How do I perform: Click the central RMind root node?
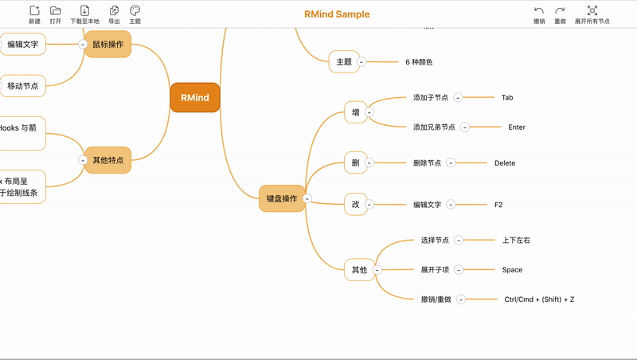point(195,98)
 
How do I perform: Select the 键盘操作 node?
point(282,198)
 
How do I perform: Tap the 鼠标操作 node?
point(107,45)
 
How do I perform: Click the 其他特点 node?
point(107,160)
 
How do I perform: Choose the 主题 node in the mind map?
point(344,61)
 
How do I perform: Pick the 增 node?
point(356,112)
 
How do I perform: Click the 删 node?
point(356,163)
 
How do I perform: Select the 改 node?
point(356,205)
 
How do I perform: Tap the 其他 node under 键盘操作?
point(359,270)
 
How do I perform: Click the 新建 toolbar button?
point(34,14)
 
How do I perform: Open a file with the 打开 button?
point(55,14)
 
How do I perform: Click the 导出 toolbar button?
point(114,14)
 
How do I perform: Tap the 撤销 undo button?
point(539,14)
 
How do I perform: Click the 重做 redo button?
point(560,14)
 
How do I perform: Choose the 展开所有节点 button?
point(592,14)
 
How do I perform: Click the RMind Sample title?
point(337,14)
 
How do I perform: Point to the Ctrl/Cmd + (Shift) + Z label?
point(539,299)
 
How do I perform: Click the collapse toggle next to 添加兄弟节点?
point(465,127)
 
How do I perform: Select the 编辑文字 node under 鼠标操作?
point(23,45)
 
